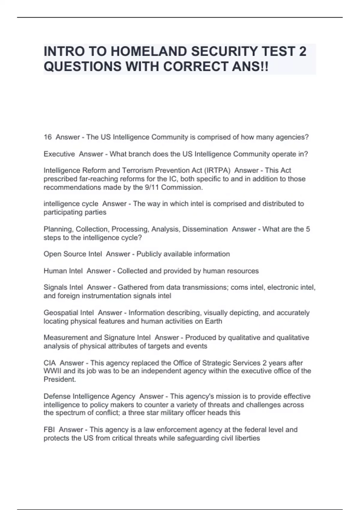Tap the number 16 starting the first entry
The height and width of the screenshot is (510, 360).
click(48, 137)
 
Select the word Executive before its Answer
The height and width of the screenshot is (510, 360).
click(59, 154)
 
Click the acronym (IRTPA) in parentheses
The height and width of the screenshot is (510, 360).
click(217, 170)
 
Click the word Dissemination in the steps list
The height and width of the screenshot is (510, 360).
click(205, 229)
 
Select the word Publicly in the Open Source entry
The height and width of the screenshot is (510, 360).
click(149, 254)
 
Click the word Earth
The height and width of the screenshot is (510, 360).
click(213, 321)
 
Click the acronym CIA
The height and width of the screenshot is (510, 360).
click(50, 363)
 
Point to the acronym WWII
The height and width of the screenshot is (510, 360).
click(52, 371)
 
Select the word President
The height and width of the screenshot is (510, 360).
click(60, 379)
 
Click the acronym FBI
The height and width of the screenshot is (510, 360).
click(49, 430)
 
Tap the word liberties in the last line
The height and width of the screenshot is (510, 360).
click(247, 438)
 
